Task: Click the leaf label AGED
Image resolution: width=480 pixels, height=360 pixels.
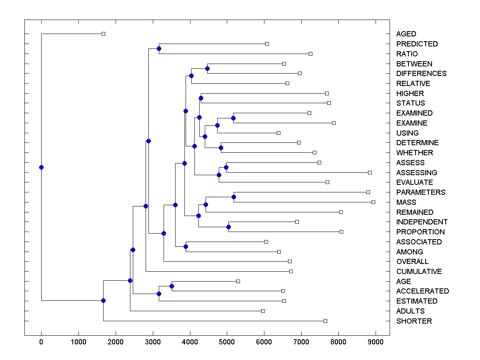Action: [x=406, y=34]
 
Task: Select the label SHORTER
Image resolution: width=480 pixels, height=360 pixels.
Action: [x=414, y=321]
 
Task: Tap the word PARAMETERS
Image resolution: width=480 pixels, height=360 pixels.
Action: [x=420, y=192]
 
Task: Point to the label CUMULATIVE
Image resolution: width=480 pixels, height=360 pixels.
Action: [x=419, y=272]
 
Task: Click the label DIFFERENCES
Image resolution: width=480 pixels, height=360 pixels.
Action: [x=421, y=74]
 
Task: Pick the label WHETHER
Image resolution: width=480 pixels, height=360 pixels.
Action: [x=414, y=153]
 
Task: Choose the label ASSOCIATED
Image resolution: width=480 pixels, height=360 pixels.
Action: [x=419, y=242]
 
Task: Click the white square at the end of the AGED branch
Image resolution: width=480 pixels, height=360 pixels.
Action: [x=103, y=34]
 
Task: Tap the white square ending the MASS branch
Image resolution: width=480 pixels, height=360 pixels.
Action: [x=373, y=202]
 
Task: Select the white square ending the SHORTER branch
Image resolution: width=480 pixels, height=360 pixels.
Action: [x=325, y=321]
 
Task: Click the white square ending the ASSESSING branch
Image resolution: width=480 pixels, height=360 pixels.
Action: [x=370, y=172]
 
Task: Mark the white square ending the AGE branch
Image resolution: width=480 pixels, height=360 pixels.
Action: [x=238, y=282]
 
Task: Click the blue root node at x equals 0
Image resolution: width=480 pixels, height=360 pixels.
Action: [x=41, y=167]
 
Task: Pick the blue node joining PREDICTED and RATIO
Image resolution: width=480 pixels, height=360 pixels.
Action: [x=159, y=48]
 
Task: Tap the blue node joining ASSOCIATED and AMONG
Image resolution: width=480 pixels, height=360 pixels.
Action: [x=186, y=246]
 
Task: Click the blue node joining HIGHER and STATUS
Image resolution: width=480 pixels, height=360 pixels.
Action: [x=201, y=98]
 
